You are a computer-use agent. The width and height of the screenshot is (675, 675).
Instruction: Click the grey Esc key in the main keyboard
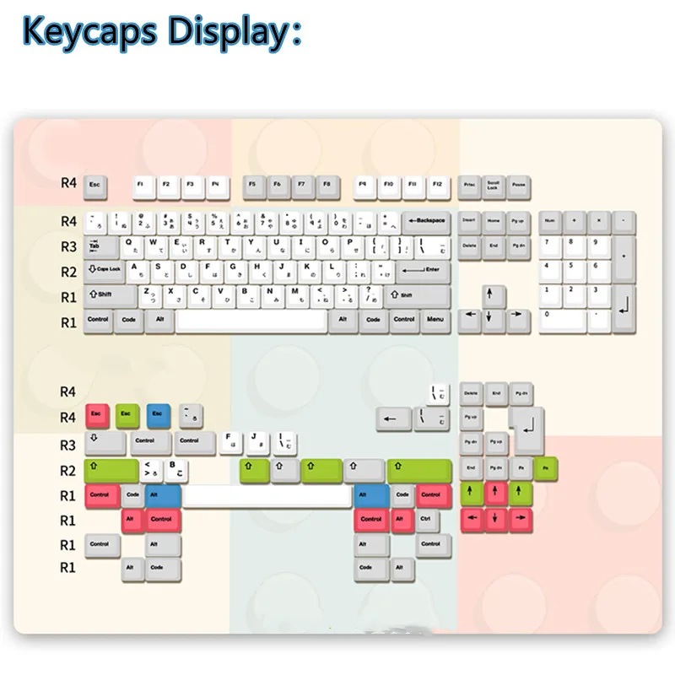[94, 184]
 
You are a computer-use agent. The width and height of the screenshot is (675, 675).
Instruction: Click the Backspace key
[426, 221]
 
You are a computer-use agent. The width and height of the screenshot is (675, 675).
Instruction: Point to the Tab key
[99, 246]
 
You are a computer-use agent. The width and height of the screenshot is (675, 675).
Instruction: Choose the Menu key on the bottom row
[435, 321]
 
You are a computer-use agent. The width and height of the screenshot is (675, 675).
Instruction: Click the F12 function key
[436, 184]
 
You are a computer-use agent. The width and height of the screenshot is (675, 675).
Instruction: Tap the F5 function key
[252, 184]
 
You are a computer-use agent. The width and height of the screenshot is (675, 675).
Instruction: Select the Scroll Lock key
[494, 185]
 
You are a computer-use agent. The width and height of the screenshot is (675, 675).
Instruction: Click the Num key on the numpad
[550, 221]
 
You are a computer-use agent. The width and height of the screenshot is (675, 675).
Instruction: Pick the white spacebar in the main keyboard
[251, 321]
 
